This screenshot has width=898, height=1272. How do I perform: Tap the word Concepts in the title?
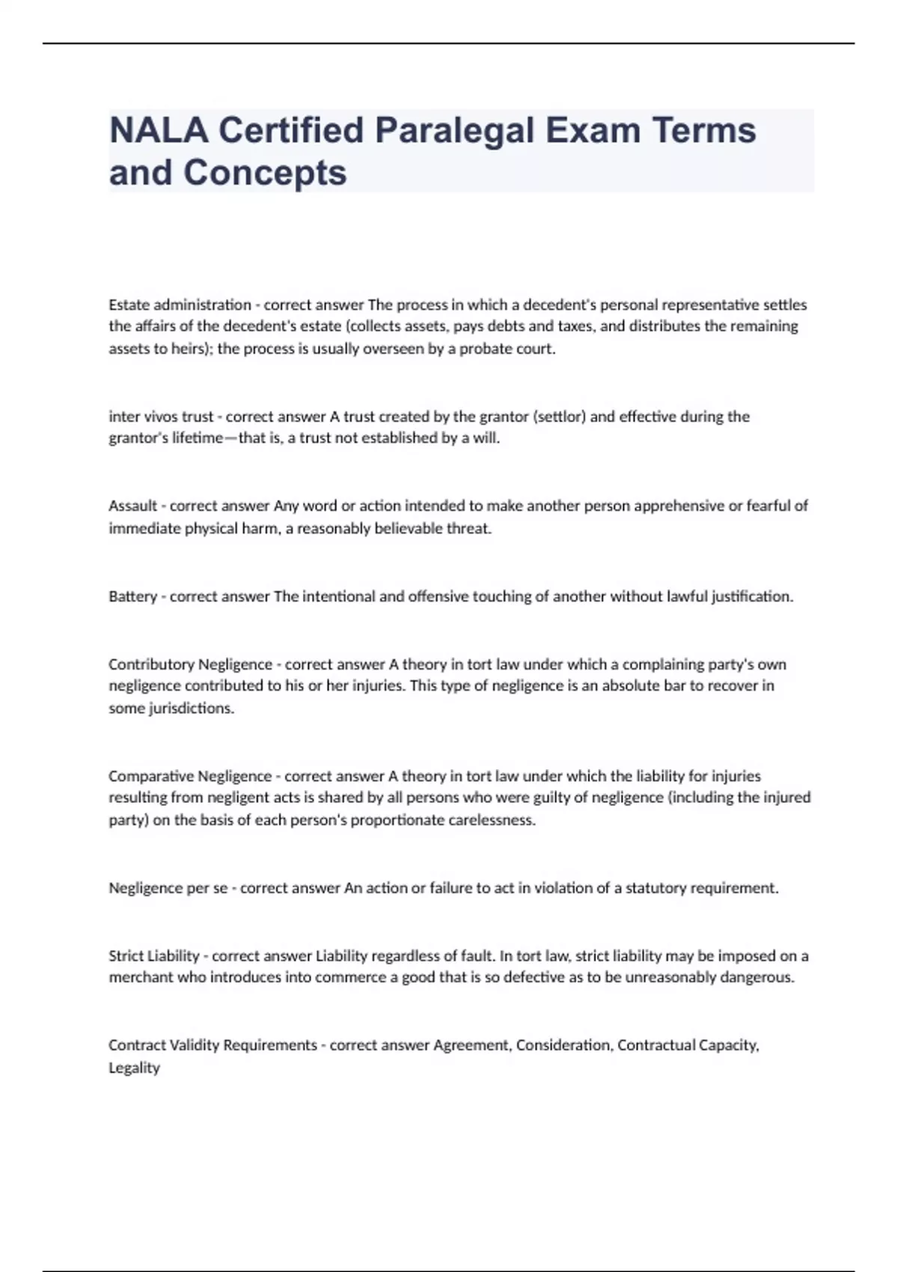265,173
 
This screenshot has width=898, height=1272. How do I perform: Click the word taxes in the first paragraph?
575,326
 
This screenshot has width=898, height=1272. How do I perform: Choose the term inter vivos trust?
161,417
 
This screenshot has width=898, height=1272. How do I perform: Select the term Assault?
133,506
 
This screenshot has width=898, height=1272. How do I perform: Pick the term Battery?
132,596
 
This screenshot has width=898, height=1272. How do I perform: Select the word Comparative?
151,776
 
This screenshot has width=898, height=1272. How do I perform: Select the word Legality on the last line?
134,1068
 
